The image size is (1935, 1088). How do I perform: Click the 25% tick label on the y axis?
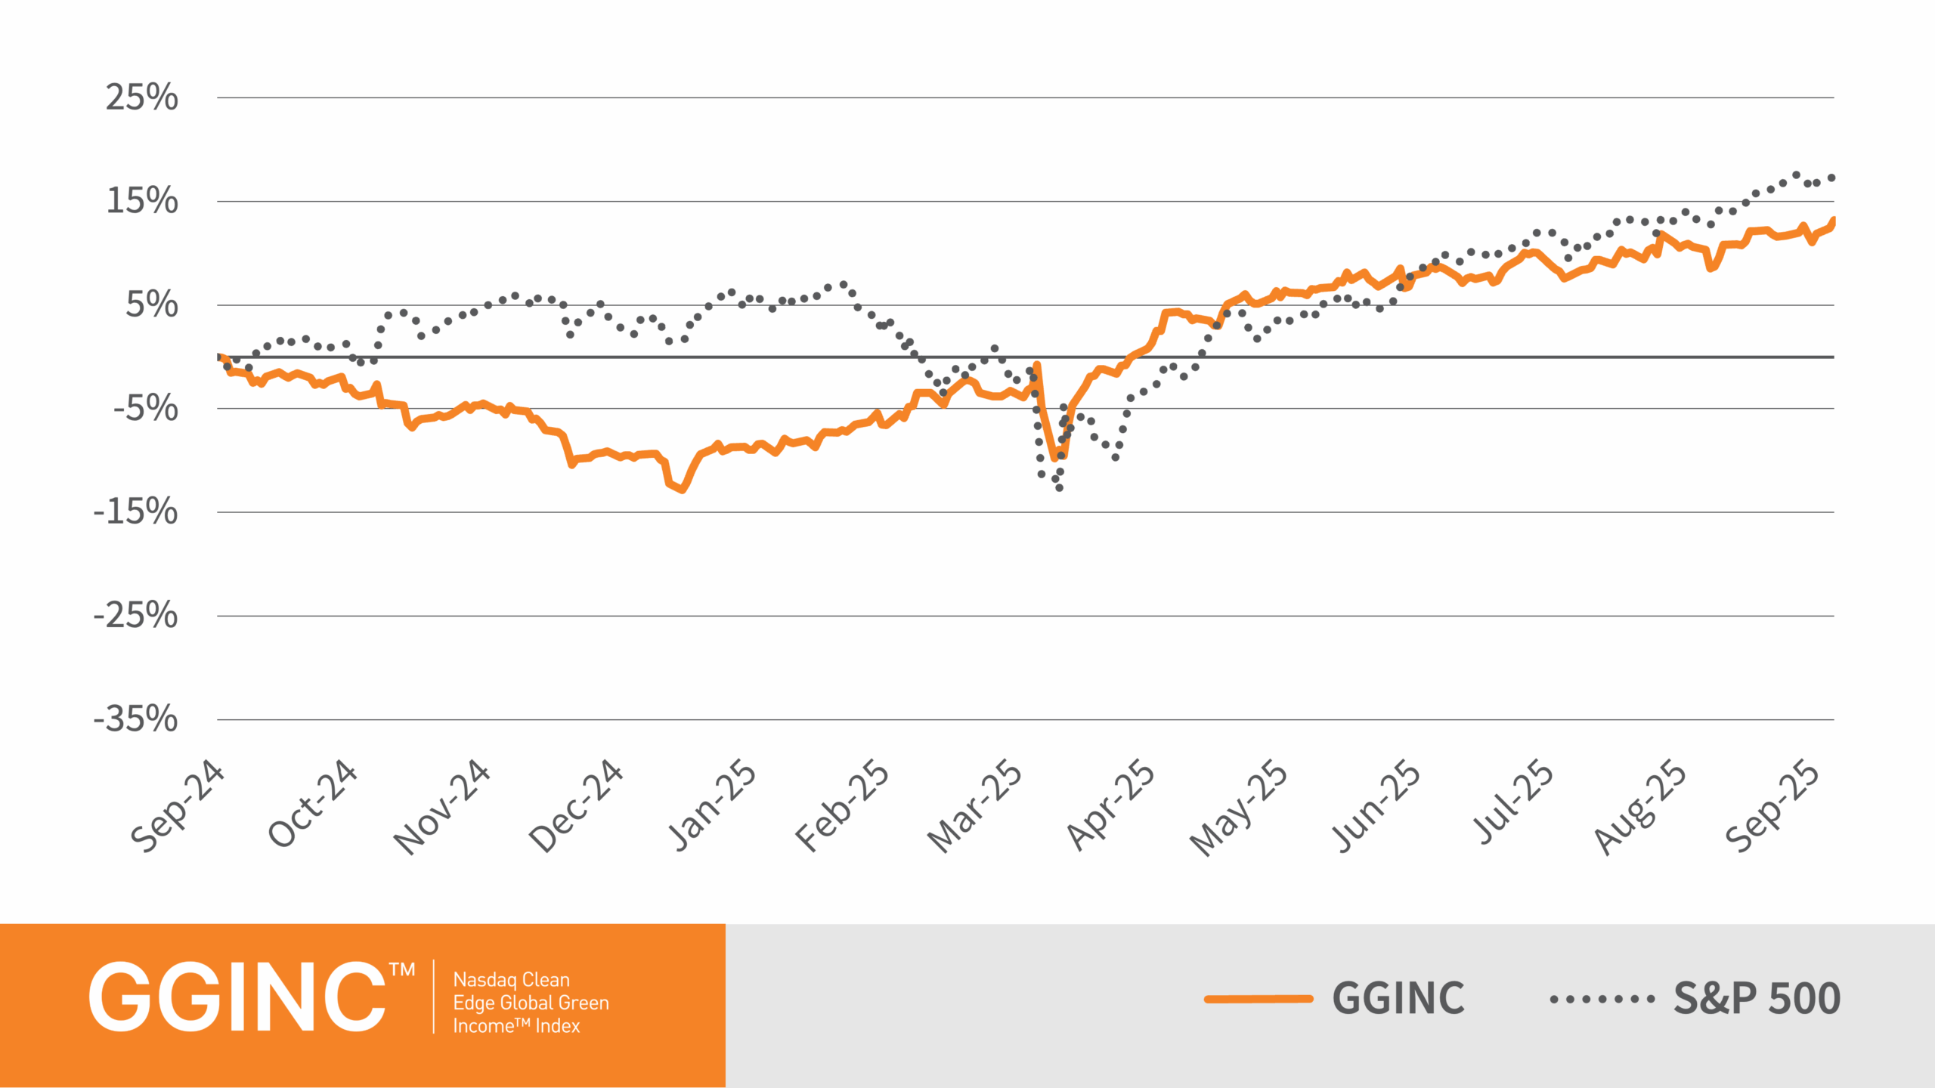(142, 97)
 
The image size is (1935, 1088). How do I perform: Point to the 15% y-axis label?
(142, 201)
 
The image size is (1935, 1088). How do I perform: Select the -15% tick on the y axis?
(136, 512)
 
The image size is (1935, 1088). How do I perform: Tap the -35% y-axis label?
(136, 719)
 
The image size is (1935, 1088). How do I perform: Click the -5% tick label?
(146, 409)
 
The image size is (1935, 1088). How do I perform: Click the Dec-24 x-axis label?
(576, 805)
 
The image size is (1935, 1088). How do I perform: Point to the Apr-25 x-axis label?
(1110, 805)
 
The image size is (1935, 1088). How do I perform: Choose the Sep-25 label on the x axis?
(1773, 805)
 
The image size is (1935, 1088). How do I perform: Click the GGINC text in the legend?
(1398, 999)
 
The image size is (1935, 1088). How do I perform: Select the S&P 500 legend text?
(1757, 999)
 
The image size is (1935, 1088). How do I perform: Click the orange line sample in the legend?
(1259, 999)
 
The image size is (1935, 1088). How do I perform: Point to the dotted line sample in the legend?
(1602, 999)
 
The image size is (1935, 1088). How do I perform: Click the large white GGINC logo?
(238, 997)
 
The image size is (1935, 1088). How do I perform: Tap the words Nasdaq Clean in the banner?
(512, 980)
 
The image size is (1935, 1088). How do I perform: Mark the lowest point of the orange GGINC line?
(683, 490)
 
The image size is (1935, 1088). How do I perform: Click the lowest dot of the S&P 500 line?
(1059, 488)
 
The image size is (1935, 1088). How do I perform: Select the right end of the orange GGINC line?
(1833, 221)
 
